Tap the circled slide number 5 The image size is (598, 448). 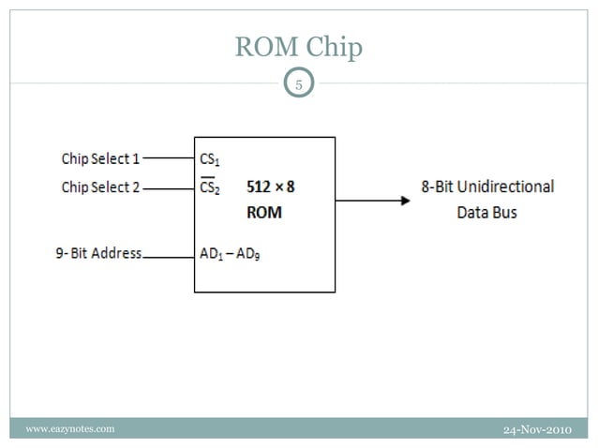(x=299, y=85)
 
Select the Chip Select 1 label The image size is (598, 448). (x=100, y=158)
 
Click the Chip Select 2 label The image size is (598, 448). (x=100, y=187)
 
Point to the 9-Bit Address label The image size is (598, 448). (x=97, y=253)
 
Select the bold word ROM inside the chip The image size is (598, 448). (x=263, y=213)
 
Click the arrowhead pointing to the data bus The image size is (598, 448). (x=404, y=200)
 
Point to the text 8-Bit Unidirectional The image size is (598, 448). (x=486, y=187)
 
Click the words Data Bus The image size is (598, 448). (x=486, y=213)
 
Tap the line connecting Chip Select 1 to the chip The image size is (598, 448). (x=168, y=158)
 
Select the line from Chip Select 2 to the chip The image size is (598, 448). (x=168, y=188)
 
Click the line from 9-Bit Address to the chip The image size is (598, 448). (x=168, y=255)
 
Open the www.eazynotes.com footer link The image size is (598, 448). (x=70, y=429)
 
